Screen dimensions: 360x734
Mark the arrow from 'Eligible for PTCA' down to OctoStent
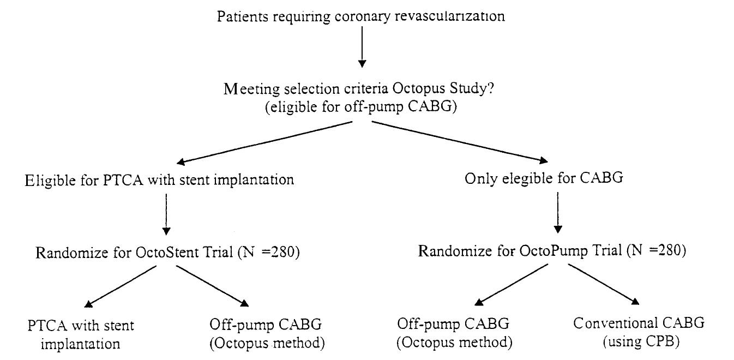(x=165, y=213)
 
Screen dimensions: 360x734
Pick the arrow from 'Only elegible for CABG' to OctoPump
(x=557, y=213)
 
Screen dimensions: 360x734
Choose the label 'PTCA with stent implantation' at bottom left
(x=81, y=334)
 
